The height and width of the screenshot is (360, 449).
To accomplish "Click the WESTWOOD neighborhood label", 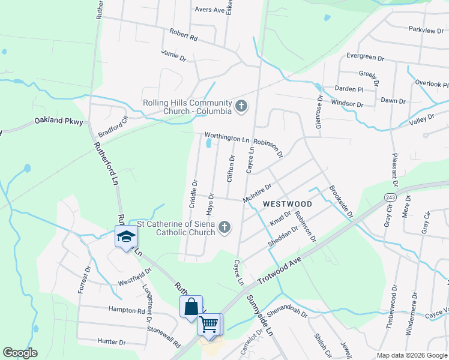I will click(288, 204).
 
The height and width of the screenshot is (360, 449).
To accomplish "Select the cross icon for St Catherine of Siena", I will click(224, 227).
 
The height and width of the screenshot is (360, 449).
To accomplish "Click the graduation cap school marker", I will click(126, 236).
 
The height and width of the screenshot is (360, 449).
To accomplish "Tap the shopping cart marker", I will click(209, 324).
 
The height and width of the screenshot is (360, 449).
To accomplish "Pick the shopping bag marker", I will click(190, 307).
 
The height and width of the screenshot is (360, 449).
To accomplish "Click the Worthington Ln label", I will click(226, 138).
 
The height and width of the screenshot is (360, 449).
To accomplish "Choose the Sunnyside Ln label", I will click(259, 313).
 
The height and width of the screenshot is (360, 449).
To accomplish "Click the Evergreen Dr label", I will click(365, 58).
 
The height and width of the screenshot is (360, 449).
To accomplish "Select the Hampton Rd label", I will click(127, 310).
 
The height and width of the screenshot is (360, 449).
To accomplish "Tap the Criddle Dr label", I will click(193, 194).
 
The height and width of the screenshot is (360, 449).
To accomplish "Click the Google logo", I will click(20, 353).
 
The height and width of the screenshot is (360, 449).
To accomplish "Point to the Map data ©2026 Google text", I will click(411, 355).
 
